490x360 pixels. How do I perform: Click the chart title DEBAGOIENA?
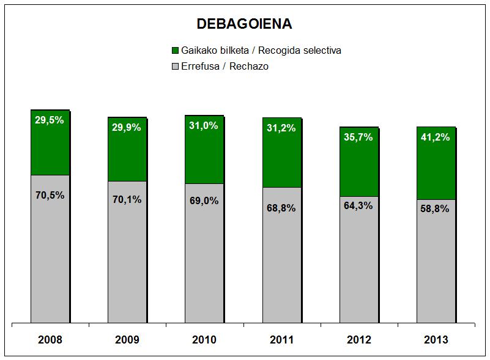click(244, 24)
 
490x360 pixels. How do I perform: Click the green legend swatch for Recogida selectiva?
click(176, 50)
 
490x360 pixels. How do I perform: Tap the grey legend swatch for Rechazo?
click(176, 66)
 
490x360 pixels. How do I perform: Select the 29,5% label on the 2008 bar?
click(50, 120)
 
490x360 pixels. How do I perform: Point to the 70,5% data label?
click(50, 196)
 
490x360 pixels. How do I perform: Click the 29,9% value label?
click(127, 127)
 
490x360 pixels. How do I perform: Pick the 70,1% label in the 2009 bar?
click(127, 199)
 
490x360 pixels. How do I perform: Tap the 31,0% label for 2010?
click(204, 125)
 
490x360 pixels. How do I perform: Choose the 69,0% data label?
click(204, 200)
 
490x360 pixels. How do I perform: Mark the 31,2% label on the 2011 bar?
click(281, 128)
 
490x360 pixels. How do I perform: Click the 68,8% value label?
click(281, 208)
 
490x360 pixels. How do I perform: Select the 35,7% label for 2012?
click(358, 137)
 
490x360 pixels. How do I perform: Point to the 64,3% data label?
click(358, 205)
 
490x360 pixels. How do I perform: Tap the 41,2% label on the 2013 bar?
click(435, 137)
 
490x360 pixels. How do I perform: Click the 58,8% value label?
click(435, 208)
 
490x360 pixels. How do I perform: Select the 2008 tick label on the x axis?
click(50, 340)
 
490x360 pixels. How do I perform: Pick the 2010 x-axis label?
click(204, 340)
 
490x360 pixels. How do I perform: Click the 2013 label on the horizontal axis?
click(435, 340)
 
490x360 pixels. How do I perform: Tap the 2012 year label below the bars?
click(358, 340)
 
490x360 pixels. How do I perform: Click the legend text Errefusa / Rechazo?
click(225, 66)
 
